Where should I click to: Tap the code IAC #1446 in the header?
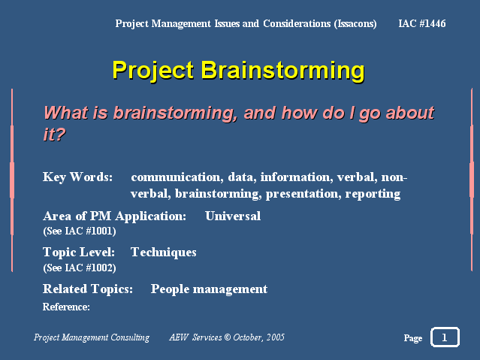point(422,23)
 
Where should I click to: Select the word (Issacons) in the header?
point(355,23)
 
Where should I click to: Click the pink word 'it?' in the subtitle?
point(55,135)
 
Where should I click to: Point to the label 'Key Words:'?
point(78,177)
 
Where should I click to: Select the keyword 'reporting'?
point(373,194)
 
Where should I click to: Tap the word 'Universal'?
point(233,216)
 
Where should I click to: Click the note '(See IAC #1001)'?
point(80,231)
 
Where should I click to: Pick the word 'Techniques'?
point(164,253)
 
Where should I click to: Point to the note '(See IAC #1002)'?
point(80,268)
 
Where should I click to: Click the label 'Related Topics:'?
point(88,289)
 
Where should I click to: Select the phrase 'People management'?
point(209,289)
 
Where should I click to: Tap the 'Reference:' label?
point(66,307)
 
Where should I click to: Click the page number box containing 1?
point(445,337)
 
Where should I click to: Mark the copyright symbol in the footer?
point(228,337)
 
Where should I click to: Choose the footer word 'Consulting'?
point(130,337)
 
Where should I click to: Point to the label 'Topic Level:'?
point(79,253)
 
